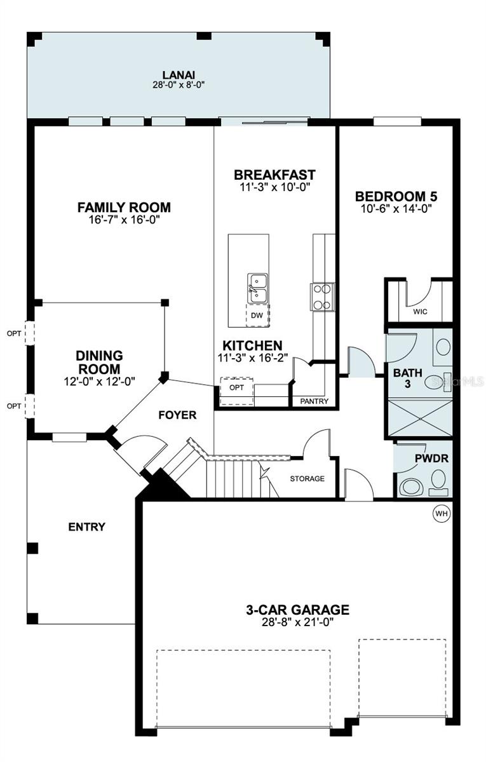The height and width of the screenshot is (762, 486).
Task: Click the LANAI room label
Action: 178,73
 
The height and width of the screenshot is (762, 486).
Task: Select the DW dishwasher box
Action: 257,315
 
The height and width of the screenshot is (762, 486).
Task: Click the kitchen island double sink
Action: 257,287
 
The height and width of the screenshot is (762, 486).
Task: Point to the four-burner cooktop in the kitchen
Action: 322,297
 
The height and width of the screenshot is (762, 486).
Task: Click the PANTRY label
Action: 314,401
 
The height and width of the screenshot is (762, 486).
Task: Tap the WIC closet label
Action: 420,312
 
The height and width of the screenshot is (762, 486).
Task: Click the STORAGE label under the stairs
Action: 307,478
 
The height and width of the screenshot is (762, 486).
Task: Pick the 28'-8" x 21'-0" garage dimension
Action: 297,623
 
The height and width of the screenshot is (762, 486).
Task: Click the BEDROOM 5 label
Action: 396,196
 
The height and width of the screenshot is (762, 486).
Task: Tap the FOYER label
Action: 177,415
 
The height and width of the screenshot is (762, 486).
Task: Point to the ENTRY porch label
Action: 86,527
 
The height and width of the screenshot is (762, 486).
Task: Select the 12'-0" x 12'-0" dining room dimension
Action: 99,381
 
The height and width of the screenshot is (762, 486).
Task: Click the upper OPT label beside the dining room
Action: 13,333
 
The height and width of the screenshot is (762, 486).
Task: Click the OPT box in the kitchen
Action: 236,387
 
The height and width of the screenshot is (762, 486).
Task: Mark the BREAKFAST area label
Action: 274,175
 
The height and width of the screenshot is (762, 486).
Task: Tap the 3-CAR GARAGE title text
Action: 297,610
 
